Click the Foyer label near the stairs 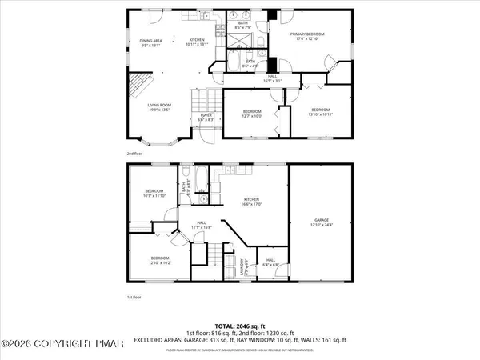coord(206,118)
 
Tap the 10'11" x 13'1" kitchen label coord(197,42)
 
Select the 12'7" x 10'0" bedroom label coord(253,114)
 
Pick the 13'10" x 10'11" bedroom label coord(321,111)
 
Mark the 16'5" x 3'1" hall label coord(273,80)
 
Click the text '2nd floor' coord(135,152)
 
